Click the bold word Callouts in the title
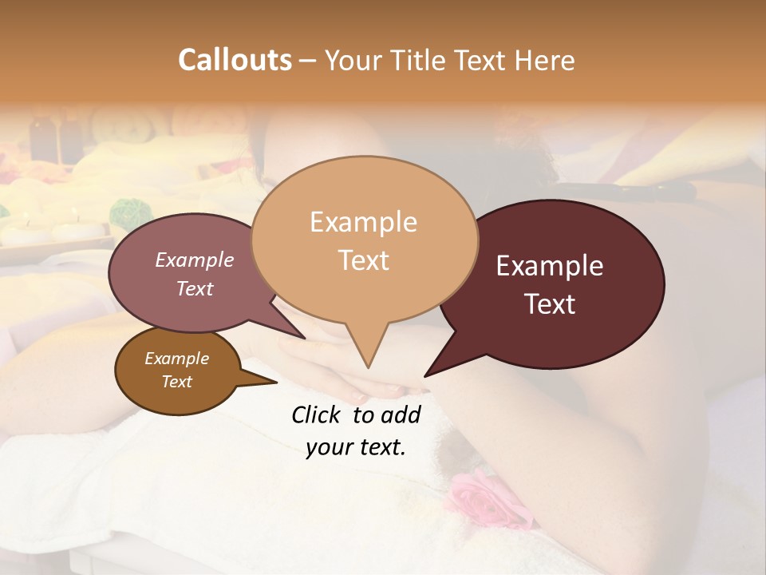235,60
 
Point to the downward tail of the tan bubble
366,351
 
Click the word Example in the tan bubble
363,222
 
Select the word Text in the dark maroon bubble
550,303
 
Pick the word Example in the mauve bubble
194,260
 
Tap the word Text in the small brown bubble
177,382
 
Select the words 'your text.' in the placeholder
356,447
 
